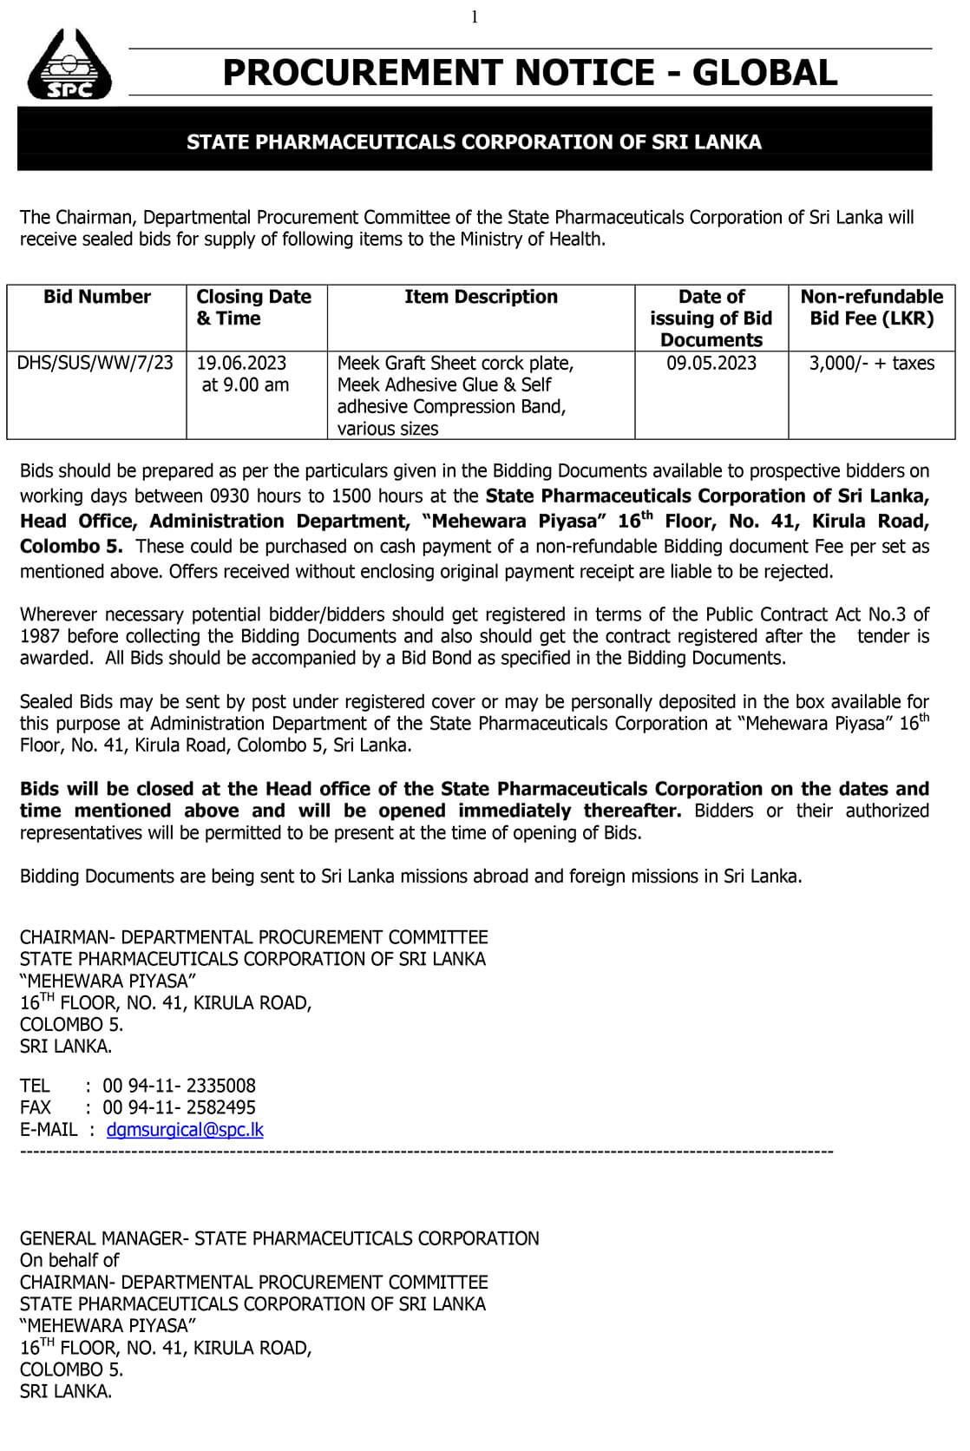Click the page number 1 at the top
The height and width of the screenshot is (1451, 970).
coord(475,16)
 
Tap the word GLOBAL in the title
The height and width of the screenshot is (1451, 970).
coord(764,73)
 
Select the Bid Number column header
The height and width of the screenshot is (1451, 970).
coord(97,297)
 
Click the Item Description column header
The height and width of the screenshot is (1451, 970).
coord(481,297)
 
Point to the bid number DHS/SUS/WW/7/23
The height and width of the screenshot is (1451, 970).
coord(95,363)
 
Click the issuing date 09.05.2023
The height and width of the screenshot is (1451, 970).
coord(711,363)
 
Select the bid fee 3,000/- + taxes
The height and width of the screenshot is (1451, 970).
coord(871,363)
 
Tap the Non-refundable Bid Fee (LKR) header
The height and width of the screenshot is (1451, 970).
coord(871,307)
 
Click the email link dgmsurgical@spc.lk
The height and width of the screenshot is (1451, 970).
coord(185,1129)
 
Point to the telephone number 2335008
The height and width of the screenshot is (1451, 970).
coord(221,1086)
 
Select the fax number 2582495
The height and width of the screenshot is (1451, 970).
coord(221,1107)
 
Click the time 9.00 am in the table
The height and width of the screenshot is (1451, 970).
coord(246,384)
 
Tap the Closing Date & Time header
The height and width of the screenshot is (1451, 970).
coord(253,307)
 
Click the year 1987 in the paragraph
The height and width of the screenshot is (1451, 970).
coord(40,636)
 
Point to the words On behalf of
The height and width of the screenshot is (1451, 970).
coord(69,1260)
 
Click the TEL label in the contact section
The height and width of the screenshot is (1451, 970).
coord(35,1086)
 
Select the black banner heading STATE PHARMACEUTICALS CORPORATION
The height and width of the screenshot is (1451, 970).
coord(474,142)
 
